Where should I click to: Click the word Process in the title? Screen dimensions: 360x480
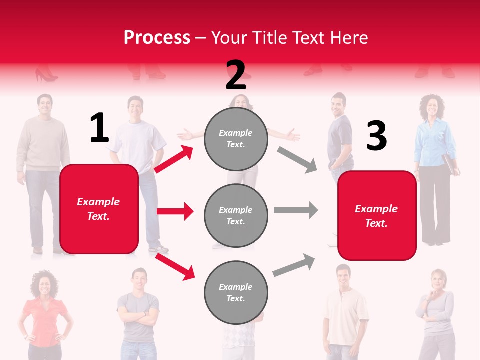(x=157, y=38)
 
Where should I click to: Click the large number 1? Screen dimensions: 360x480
(x=99, y=128)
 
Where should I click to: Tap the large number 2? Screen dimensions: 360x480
(x=236, y=75)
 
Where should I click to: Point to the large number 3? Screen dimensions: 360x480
(x=376, y=136)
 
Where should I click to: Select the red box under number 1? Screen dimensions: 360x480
(x=99, y=209)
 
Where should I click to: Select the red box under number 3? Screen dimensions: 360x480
(x=377, y=215)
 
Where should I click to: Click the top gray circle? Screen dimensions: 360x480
(x=236, y=139)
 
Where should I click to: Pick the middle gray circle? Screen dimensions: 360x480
(x=236, y=215)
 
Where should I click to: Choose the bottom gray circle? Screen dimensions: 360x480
(x=236, y=292)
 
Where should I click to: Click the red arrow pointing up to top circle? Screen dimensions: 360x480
(x=174, y=159)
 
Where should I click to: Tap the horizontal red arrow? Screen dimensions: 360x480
(x=175, y=211)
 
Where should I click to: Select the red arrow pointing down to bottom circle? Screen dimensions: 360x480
(x=175, y=266)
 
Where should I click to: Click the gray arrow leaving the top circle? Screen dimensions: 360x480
(x=297, y=159)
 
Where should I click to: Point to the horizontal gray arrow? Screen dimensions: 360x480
(x=295, y=210)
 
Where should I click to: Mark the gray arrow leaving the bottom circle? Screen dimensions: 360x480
(x=294, y=265)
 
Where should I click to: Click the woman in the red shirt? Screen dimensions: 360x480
(x=44, y=315)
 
